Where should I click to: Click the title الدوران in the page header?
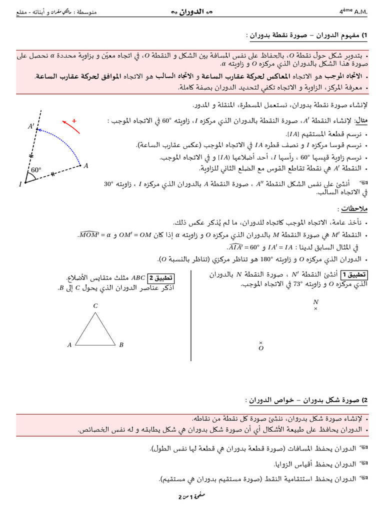pos(191,10)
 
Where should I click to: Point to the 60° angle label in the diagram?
pos(36,170)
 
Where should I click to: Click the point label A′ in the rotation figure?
pos(31,127)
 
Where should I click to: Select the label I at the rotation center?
pos(20,184)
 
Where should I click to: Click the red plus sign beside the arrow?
pos(74,120)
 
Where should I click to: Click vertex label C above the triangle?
pos(95,305)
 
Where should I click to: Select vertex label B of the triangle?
pos(121,344)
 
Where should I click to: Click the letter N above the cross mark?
pos(315,302)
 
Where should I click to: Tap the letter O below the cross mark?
pos(261,349)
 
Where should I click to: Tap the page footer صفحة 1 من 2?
pos(192,498)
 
